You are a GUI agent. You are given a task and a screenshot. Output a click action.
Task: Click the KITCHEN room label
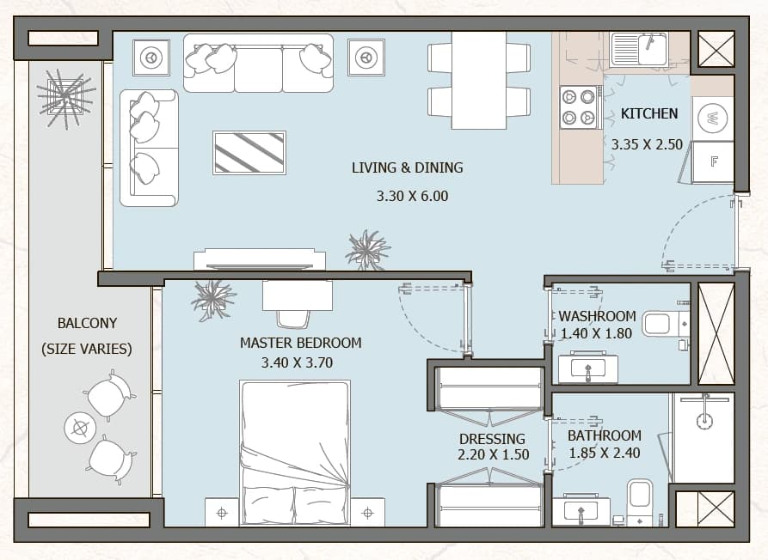[649, 113]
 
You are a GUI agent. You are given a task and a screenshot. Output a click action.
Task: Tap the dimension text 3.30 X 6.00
[412, 196]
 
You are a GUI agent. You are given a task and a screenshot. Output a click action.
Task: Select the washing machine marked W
[712, 118]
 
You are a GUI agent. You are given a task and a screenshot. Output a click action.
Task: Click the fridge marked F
[713, 161]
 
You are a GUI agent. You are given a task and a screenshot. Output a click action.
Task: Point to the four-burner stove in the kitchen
[579, 107]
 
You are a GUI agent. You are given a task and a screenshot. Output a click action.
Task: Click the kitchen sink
[639, 49]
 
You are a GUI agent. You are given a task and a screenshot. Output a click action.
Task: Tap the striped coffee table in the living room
[249, 153]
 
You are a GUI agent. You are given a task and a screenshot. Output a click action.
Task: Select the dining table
[478, 80]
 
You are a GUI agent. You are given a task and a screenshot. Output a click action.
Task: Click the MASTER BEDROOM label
[300, 343]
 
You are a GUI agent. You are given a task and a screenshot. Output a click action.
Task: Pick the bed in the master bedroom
[295, 453]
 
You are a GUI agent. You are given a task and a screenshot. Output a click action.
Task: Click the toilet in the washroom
[665, 324]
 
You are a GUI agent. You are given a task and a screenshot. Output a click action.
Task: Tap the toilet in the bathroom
[640, 502]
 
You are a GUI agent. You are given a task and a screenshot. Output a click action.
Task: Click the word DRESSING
[492, 439]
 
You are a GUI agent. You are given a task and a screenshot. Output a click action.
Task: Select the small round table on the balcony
[79, 429]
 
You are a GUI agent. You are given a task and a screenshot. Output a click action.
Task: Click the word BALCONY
[87, 323]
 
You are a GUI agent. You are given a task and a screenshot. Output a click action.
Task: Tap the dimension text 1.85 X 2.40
[604, 453]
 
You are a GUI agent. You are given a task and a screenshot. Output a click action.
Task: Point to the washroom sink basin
[587, 368]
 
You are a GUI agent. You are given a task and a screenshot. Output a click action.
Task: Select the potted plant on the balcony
[65, 98]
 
